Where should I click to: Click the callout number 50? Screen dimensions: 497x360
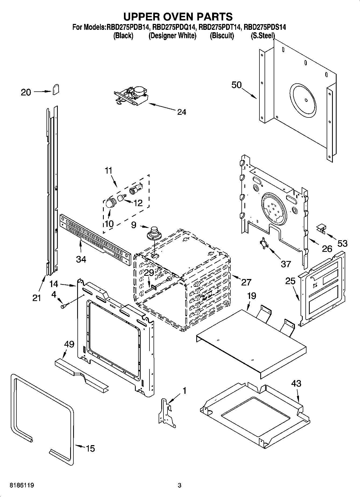coord(237,85)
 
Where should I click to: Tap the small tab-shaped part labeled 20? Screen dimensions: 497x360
coord(56,90)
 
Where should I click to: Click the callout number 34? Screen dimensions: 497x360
coord(81,259)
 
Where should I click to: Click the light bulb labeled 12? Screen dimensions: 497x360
coord(122,198)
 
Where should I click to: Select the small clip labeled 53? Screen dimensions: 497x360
coord(321,228)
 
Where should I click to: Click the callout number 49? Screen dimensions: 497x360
coord(69,344)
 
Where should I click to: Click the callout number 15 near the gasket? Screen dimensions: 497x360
coord(90,448)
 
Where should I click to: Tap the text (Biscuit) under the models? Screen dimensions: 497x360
coord(222,35)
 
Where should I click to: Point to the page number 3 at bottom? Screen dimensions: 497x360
coord(180,485)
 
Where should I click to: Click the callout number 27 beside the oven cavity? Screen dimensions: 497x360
coord(246,282)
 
